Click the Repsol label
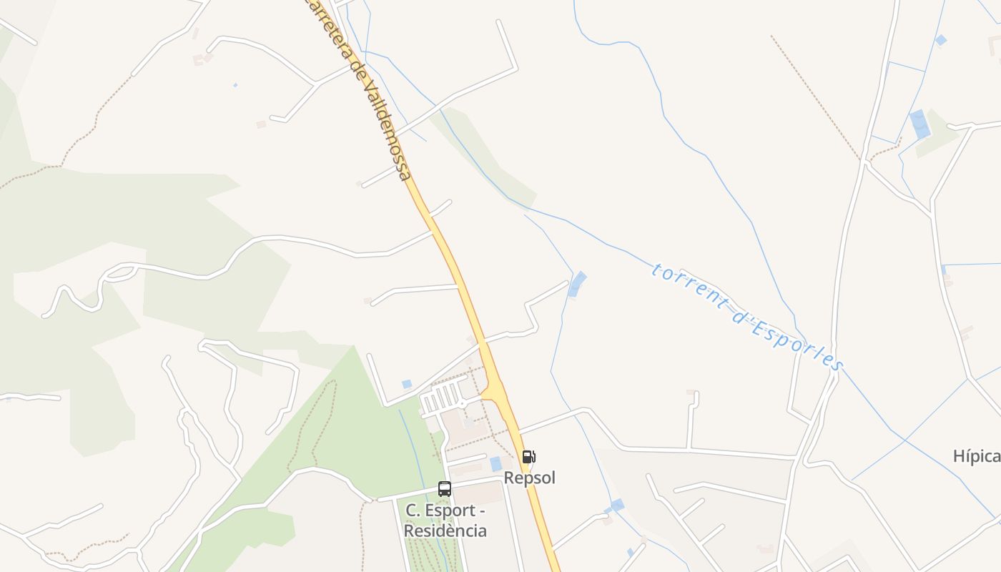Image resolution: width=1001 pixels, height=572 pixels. (529, 478)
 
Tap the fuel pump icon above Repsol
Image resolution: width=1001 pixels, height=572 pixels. (528, 457)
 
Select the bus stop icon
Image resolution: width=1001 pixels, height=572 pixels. (445, 489)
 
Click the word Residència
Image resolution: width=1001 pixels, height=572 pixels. (445, 531)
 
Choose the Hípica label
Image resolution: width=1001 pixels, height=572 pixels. (977, 456)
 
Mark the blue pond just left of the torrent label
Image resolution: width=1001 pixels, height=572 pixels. (576, 284)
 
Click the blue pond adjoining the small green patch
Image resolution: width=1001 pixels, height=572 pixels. (919, 124)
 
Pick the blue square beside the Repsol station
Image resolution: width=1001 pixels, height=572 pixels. (495, 463)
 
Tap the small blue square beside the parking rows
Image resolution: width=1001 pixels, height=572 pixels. (407, 384)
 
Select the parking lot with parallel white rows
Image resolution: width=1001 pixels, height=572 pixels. (441, 398)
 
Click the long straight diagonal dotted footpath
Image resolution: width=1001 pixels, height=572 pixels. (815, 97)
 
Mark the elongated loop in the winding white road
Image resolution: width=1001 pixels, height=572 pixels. (122, 271)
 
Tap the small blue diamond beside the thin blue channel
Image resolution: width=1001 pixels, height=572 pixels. (941, 40)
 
